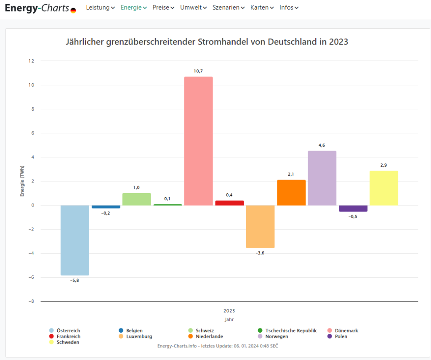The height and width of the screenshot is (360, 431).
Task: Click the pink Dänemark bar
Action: [198, 141]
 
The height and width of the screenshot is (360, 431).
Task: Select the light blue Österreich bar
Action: [75, 240]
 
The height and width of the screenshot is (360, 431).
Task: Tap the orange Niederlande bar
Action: [291, 193]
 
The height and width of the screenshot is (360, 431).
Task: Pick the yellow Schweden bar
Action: [384, 188]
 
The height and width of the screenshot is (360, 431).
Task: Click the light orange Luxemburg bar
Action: [260, 227]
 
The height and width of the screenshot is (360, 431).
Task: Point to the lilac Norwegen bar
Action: [322, 178]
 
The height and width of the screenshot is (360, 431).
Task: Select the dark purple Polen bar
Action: [353, 209]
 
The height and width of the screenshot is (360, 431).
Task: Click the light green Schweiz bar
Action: [137, 199]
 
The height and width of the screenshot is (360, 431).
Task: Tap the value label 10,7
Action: [198, 71]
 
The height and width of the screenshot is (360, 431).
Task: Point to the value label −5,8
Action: [74, 280]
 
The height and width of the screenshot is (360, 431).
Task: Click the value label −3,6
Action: [260, 253]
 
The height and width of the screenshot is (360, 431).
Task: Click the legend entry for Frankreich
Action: [68, 336]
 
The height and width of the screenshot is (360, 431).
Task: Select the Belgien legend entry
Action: [134, 331]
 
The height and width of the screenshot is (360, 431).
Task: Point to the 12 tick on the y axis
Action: [31, 61]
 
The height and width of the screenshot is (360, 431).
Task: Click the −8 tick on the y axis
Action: [31, 302]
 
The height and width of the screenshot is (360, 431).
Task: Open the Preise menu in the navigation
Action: [163, 8]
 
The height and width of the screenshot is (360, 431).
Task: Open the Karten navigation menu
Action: [262, 8]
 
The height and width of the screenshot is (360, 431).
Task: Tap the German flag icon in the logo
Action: [73, 10]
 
